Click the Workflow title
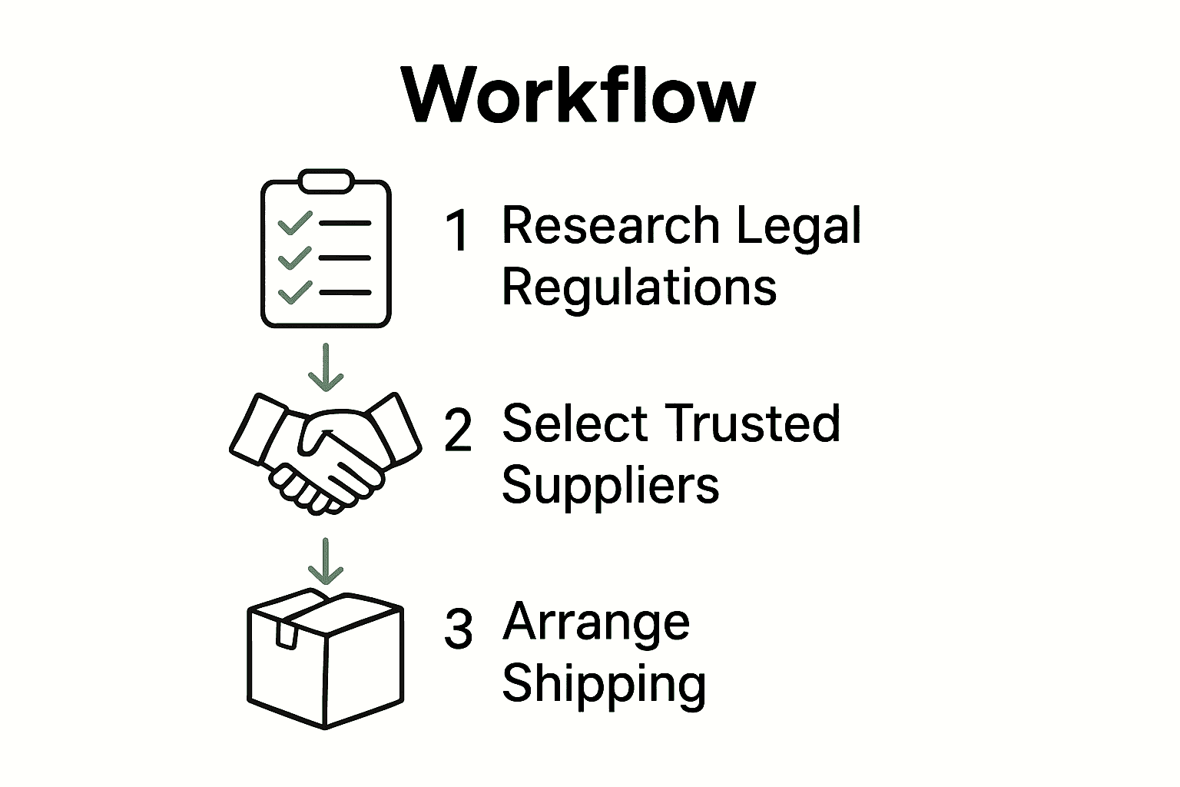tap(578, 95)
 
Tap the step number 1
tap(458, 231)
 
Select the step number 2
tap(458, 430)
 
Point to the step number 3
tap(458, 629)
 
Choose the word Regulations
tap(638, 288)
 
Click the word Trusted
tap(751, 423)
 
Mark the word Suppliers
tap(610, 486)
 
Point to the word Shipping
tap(603, 685)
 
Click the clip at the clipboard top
tap(326, 181)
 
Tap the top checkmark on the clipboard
tap(294, 223)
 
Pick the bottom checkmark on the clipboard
tap(294, 292)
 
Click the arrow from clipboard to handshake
tap(326, 367)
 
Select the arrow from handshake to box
tap(326, 561)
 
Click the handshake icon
tap(326, 453)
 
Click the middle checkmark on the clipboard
tap(294, 257)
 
